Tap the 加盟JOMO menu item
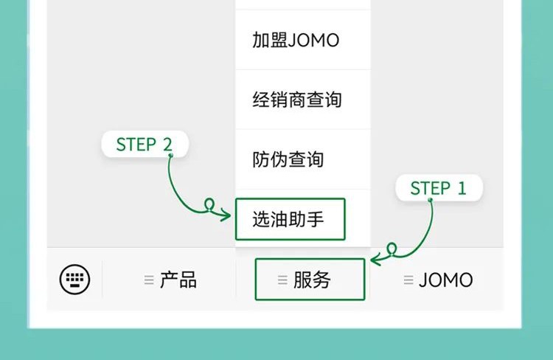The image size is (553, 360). point(296,41)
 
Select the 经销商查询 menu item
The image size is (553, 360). point(297,100)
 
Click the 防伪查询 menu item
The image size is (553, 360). point(288,159)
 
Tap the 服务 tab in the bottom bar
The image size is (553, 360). point(310,280)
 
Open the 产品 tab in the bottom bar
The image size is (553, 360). point(178,280)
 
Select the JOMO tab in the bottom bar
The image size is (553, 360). point(445,280)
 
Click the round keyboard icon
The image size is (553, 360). point(74,280)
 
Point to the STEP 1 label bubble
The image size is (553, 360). point(439,188)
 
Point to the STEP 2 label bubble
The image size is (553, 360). point(145,145)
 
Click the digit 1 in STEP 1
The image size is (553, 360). point(462,188)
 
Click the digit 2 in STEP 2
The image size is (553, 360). point(167,145)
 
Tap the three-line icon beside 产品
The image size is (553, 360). point(149,280)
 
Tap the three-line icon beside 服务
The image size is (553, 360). point(282,280)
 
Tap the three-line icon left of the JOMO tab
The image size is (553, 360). point(408,280)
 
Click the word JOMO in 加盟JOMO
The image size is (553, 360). point(315,41)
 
